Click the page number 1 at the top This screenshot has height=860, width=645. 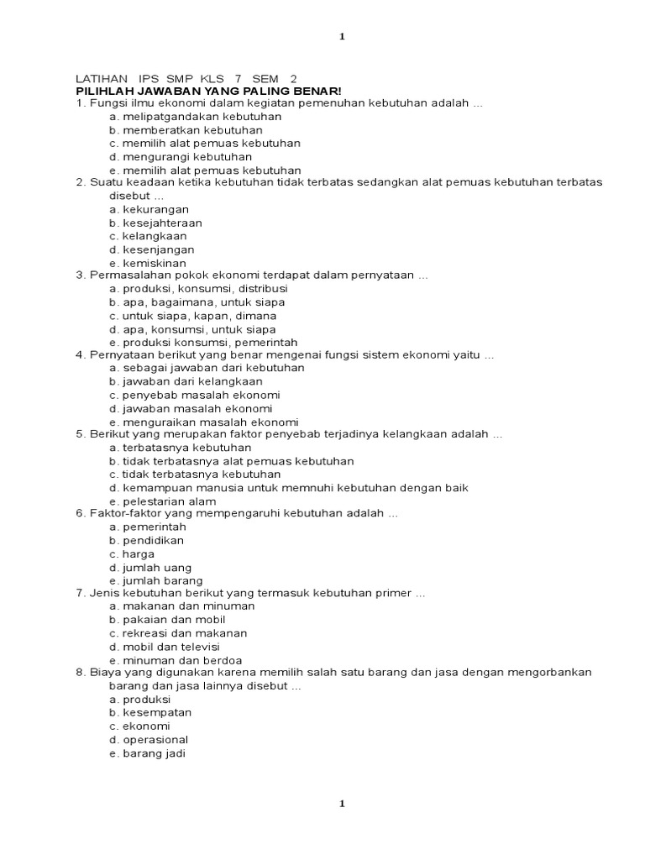(x=342, y=36)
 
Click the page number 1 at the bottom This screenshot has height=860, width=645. (x=342, y=804)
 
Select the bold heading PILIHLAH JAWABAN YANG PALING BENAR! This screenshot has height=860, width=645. (x=209, y=91)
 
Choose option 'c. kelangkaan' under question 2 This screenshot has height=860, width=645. (x=148, y=236)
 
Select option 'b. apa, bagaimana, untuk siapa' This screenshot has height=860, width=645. (x=197, y=302)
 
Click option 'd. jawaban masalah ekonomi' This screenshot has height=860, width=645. (x=191, y=408)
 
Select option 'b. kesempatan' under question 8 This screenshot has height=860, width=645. (x=150, y=712)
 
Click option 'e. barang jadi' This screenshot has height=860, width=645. (x=147, y=753)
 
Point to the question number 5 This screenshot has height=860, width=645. (x=79, y=434)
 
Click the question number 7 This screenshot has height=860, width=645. (x=79, y=593)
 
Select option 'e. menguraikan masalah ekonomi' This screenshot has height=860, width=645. (x=204, y=422)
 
